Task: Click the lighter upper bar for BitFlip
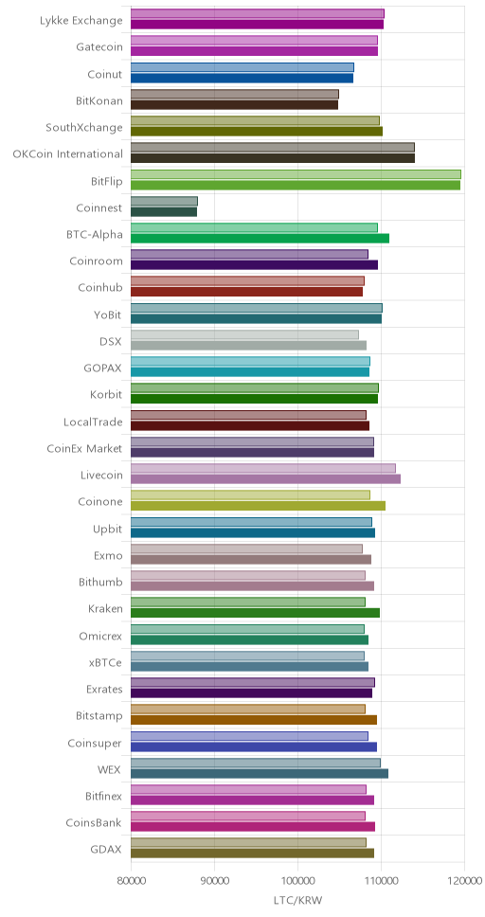tap(296, 174)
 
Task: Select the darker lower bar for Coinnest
tap(164, 211)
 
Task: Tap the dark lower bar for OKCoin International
tap(273, 158)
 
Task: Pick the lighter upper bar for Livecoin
tap(262, 468)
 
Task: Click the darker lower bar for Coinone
tap(258, 506)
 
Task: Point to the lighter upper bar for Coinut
tap(242, 67)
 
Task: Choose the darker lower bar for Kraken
tap(255, 613)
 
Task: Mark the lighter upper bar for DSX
tap(244, 334)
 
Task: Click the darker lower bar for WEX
tap(260, 774)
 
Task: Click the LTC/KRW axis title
tap(297, 899)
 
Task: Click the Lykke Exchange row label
tap(81, 21)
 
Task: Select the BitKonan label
tap(99, 100)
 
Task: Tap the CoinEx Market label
tap(85, 449)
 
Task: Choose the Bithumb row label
tap(100, 582)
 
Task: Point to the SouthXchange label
tap(84, 128)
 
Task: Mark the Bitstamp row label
tap(99, 716)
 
